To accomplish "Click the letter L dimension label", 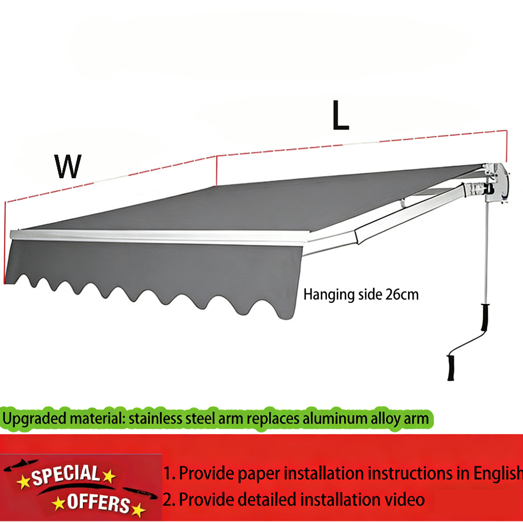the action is [340, 116].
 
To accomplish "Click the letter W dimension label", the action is [68, 166].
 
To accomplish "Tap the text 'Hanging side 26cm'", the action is [361, 295].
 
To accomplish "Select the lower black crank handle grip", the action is [450, 367].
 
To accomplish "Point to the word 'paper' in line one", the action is [259, 473].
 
